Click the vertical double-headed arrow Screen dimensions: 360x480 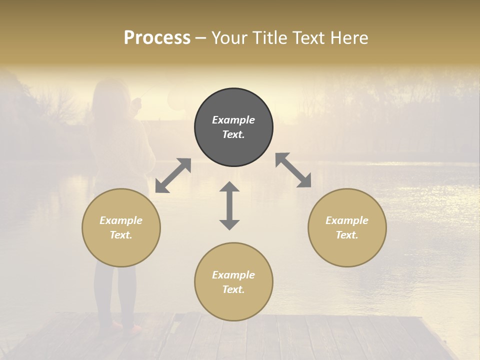(229, 205)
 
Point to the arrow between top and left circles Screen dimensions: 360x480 (173, 175)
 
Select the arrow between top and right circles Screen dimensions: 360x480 (293, 170)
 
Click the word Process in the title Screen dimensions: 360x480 (157, 38)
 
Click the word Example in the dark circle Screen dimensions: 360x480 (233, 120)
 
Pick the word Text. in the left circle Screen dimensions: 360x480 (121, 235)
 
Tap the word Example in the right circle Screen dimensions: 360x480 (347, 220)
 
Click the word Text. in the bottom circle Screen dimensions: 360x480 (233, 289)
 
